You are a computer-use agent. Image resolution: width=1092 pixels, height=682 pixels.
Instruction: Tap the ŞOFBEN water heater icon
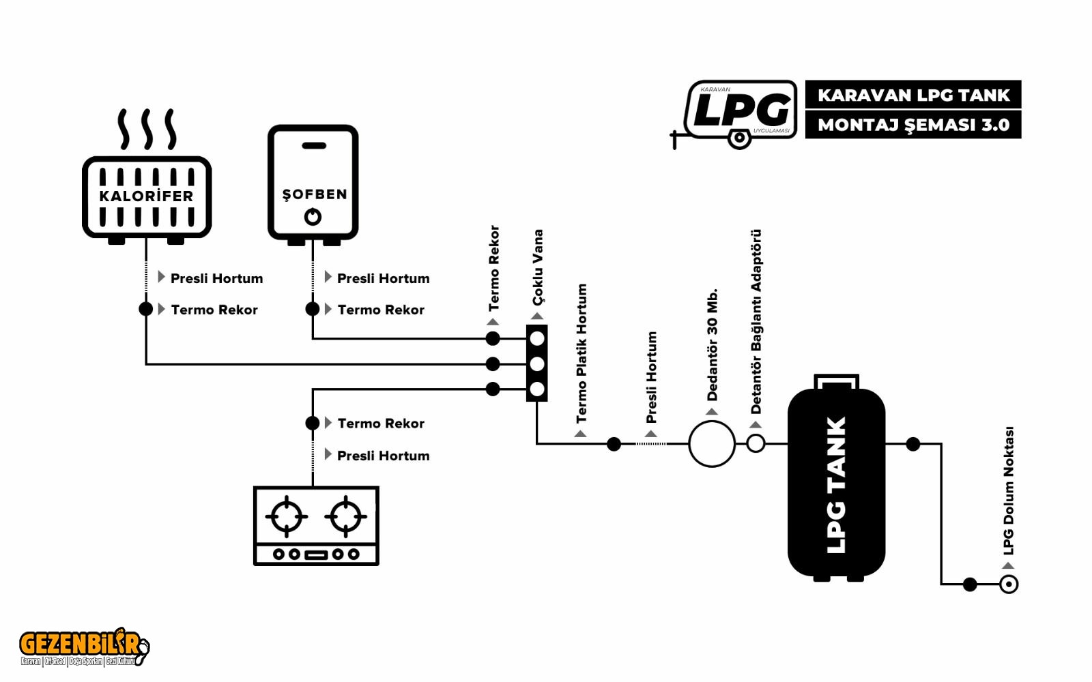pyautogui.click(x=313, y=182)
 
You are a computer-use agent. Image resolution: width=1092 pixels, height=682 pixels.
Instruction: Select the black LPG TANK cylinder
pyautogui.click(x=836, y=481)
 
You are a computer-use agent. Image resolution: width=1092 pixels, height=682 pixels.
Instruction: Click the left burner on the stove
pyautogui.click(x=287, y=516)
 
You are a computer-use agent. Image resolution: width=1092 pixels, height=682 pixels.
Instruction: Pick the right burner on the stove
pyautogui.click(x=346, y=516)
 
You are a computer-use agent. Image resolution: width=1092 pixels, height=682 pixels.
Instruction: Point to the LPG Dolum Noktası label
pyautogui.click(x=1008, y=491)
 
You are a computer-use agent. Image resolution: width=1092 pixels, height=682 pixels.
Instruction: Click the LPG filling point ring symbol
pyautogui.click(x=1009, y=584)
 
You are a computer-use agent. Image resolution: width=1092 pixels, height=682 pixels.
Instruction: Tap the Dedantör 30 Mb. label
pyautogui.click(x=712, y=344)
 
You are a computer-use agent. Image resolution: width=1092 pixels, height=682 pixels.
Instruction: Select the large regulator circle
pyautogui.click(x=712, y=444)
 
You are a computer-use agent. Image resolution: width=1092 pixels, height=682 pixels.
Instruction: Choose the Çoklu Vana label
pyautogui.click(x=538, y=267)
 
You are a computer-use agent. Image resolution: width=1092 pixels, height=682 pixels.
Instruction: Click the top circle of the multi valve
pyautogui.click(x=537, y=338)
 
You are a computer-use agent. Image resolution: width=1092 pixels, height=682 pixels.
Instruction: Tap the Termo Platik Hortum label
pyautogui.click(x=581, y=353)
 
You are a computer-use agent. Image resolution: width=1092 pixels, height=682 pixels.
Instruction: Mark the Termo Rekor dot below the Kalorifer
pyautogui.click(x=145, y=309)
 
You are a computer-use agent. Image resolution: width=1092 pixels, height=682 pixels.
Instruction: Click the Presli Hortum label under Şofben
pyautogui.click(x=383, y=278)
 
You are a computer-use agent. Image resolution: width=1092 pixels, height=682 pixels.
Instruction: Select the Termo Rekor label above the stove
pyautogui.click(x=381, y=424)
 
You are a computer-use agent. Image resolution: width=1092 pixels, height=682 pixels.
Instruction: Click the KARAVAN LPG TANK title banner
pyautogui.click(x=913, y=95)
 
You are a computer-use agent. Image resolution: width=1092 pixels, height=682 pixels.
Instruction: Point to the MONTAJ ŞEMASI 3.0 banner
pyautogui.click(x=913, y=125)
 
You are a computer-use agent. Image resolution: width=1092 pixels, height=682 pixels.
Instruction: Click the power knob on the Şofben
pyautogui.click(x=313, y=217)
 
